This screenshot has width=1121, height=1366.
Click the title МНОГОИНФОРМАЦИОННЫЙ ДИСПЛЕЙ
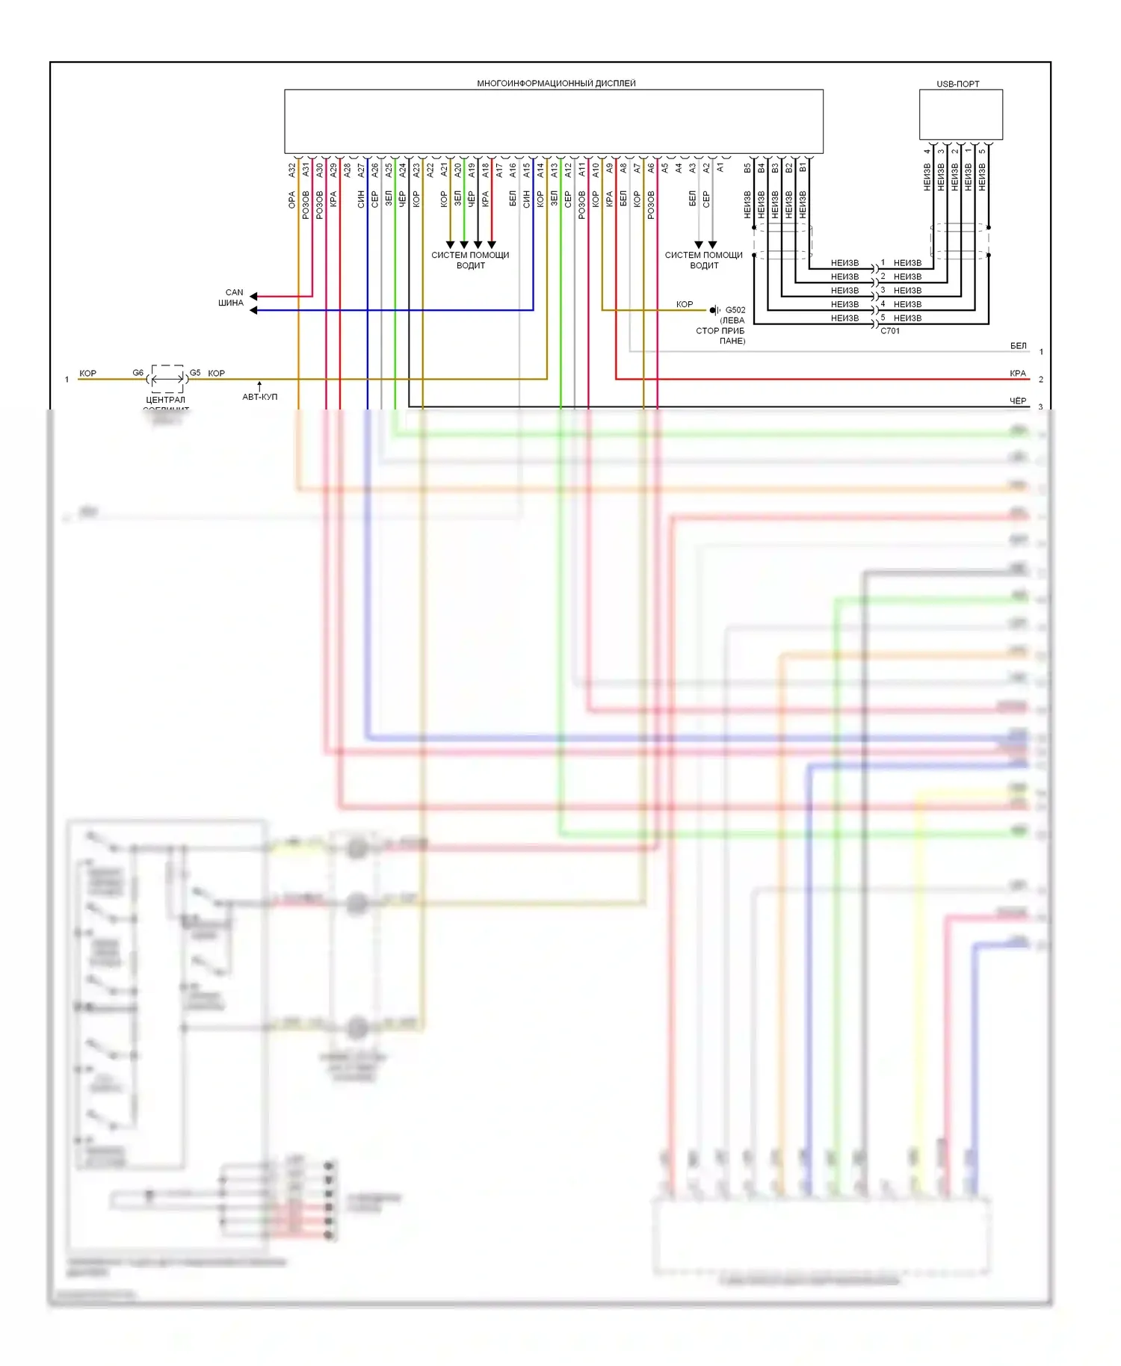[556, 83]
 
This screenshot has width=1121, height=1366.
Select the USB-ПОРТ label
[957, 84]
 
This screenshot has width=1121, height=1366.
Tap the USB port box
[960, 114]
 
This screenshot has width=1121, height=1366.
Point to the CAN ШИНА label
[232, 297]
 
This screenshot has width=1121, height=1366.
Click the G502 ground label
[735, 309]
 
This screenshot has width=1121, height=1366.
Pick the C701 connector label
[890, 330]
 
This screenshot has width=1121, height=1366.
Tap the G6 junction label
[138, 372]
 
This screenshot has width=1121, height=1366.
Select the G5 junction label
[195, 372]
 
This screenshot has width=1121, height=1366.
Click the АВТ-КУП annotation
[259, 397]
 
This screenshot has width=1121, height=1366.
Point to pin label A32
[292, 170]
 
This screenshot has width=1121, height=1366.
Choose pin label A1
[720, 168]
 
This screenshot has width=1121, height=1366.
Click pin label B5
[747, 168]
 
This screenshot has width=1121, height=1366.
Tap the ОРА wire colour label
[292, 200]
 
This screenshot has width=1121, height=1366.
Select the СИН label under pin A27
[361, 199]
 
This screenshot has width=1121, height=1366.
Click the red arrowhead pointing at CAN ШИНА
[254, 296]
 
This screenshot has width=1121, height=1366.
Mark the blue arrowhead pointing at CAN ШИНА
[254, 310]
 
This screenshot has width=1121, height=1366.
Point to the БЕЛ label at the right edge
[1018, 345]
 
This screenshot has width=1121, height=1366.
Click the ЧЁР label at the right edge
[1018, 401]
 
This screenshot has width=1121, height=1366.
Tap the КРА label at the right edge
[1018, 373]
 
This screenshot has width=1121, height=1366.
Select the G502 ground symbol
[714, 309]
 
